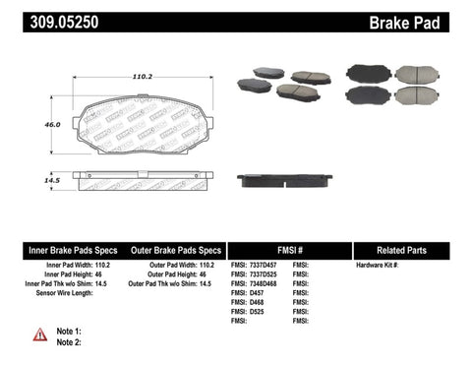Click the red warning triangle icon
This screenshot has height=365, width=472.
pos(39,335)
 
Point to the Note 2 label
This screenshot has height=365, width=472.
pos(69,341)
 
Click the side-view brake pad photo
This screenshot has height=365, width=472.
pos(283,180)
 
